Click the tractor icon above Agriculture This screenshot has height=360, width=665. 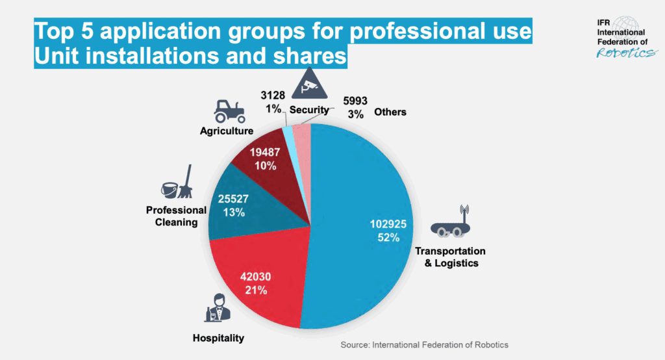click(229, 111)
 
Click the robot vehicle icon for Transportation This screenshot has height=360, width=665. click(449, 225)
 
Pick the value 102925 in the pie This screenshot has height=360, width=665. click(388, 224)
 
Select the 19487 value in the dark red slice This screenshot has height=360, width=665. click(266, 153)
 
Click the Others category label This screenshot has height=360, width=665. click(390, 112)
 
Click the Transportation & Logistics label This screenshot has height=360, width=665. click(450, 257)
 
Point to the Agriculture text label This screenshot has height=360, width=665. click(226, 131)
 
